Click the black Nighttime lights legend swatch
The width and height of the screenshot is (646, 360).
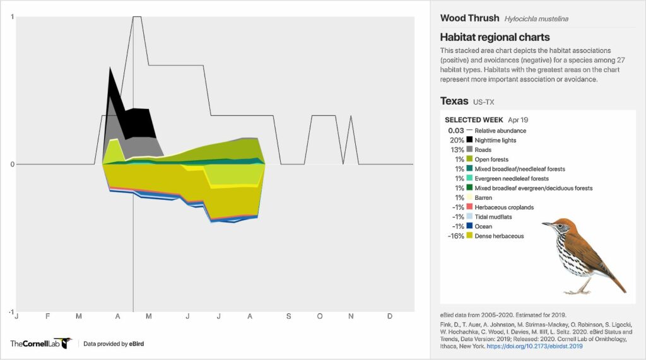tap(469, 141)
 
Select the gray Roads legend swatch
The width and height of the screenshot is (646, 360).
tap(469, 150)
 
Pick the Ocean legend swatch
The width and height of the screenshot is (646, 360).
tap(469, 226)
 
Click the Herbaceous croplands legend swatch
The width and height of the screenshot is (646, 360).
tap(469, 207)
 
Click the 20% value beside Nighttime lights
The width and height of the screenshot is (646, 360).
tap(457, 141)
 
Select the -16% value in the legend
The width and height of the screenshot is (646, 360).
tap(455, 236)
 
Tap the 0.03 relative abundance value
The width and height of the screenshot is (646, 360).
tap(455, 131)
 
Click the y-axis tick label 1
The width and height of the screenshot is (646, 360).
tap(12, 17)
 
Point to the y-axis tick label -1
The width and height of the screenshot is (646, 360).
tap(11, 312)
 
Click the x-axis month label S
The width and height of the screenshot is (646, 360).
tap(288, 316)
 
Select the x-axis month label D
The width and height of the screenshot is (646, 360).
tap(389, 316)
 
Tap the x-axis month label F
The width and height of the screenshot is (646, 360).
tap(47, 316)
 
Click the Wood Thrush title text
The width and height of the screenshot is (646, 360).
tap(469, 18)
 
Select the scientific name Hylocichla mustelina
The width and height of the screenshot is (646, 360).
tap(536, 19)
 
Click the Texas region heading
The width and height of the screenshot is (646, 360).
tap(454, 101)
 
